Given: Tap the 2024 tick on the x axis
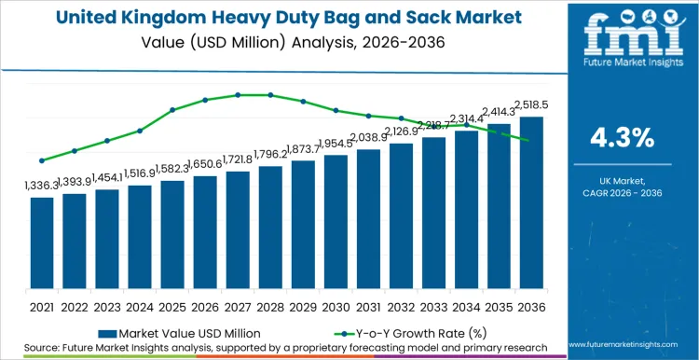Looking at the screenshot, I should [140, 306].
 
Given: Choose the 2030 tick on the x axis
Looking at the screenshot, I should [336, 306].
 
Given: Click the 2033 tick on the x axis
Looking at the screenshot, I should [433, 306].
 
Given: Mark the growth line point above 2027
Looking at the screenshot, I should [238, 94].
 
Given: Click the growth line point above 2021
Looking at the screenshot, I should [42, 160].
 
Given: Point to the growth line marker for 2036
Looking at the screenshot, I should [531, 141].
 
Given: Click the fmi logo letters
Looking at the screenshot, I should [623, 35].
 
